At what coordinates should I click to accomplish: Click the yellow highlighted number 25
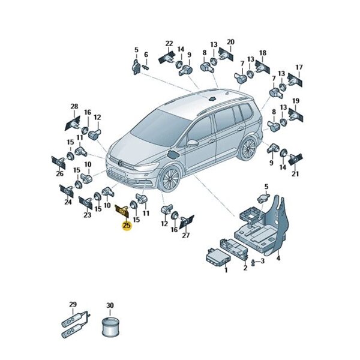(127, 226)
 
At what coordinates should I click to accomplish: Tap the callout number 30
(110, 305)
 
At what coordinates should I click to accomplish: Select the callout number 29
(73, 305)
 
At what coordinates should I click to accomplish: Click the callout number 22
(169, 43)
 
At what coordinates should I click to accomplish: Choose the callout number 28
(74, 107)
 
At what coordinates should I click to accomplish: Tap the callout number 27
(186, 235)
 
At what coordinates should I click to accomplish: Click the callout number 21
(295, 174)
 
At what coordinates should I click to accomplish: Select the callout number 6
(146, 55)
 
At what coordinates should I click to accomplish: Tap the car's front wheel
(170, 179)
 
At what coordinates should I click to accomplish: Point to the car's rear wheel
(247, 148)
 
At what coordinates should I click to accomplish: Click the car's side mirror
(193, 143)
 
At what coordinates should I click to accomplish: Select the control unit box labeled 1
(218, 257)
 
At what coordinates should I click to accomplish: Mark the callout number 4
(278, 258)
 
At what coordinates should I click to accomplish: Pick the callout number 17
(299, 67)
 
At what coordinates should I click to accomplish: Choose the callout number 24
(68, 202)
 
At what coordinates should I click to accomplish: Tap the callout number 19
(295, 101)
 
